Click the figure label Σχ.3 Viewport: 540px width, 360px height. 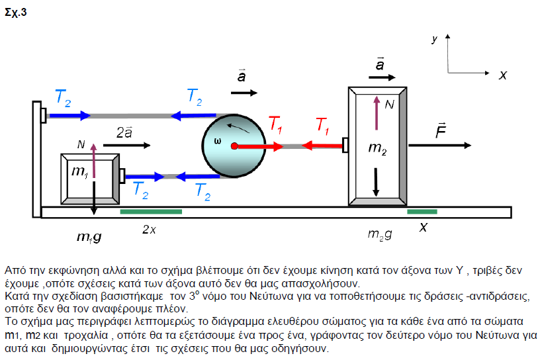16,12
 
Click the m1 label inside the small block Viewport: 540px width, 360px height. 79,173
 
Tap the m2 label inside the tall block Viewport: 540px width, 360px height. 377,148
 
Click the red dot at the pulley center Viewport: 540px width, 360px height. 234,146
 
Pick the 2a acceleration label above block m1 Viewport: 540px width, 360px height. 124,132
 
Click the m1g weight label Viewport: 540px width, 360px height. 89,236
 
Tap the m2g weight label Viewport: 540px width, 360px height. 379,234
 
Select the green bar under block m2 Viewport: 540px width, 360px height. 422,212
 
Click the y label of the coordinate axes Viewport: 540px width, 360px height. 435,40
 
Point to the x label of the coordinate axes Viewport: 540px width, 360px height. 502,75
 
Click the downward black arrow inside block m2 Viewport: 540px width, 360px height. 377,182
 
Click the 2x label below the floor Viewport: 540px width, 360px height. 150,230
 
